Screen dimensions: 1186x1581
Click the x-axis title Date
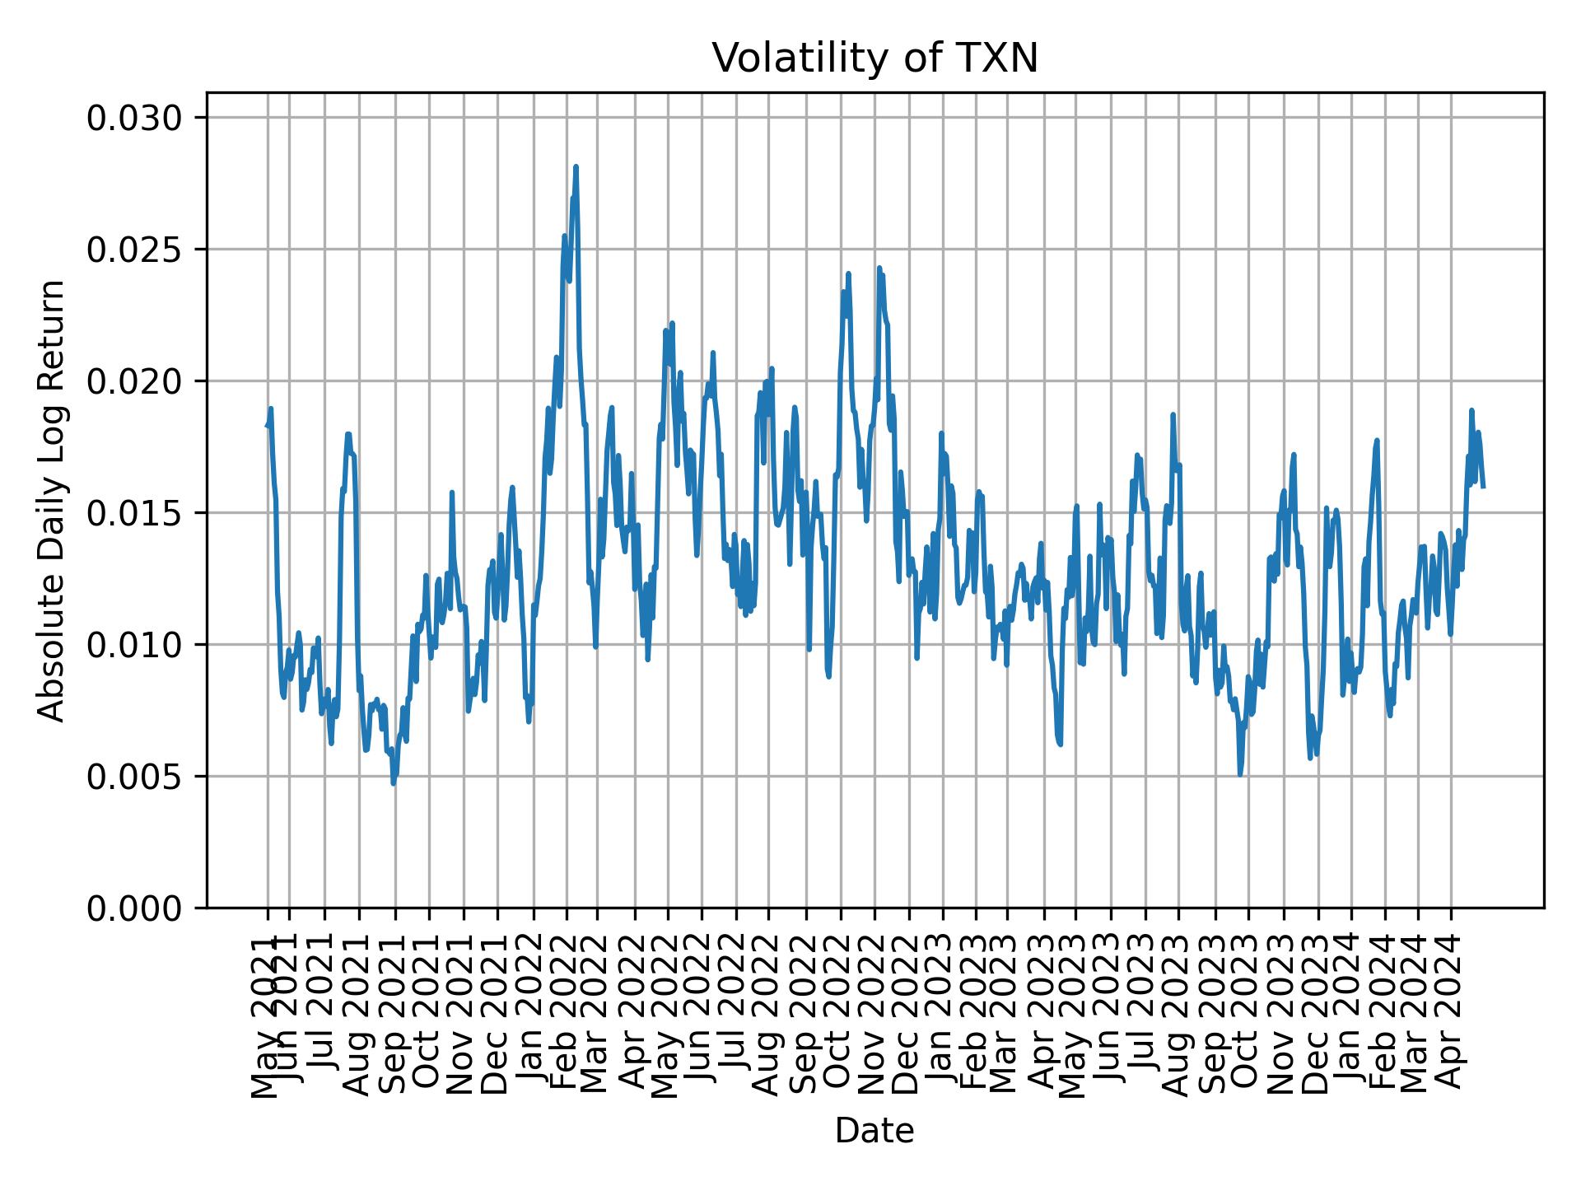(x=874, y=1132)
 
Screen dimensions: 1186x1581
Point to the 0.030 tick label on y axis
(x=134, y=119)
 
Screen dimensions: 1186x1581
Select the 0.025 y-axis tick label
(x=134, y=250)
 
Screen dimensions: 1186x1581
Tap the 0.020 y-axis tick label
(x=134, y=381)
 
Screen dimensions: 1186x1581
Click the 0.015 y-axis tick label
(x=134, y=513)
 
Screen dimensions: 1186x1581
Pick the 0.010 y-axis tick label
(x=134, y=645)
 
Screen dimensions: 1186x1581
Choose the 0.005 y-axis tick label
(x=134, y=777)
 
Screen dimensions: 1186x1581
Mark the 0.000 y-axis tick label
(x=134, y=908)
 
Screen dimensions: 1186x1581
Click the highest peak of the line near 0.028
(x=576, y=167)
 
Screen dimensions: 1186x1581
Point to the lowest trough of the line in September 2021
(x=394, y=783)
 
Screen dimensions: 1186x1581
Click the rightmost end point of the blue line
(x=1483, y=487)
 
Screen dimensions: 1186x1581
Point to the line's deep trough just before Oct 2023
(x=1240, y=774)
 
